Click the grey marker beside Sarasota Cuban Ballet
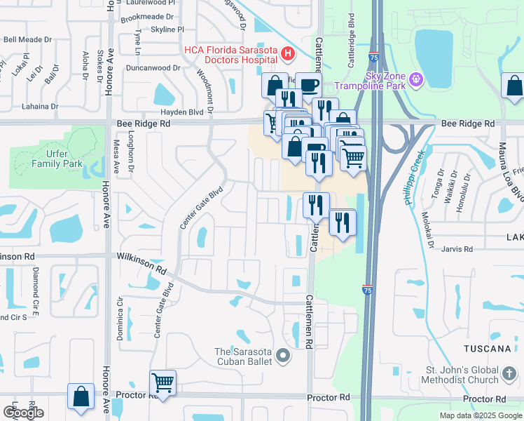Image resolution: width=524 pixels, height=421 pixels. tap(283, 356)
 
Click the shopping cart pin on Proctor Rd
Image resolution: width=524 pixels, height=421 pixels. tap(163, 382)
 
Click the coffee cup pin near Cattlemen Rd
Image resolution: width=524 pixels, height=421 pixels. tap(308, 85)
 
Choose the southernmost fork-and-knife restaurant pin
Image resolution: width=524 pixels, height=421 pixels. tap(343, 222)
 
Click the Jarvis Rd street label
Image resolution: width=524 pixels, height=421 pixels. tap(457, 248)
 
